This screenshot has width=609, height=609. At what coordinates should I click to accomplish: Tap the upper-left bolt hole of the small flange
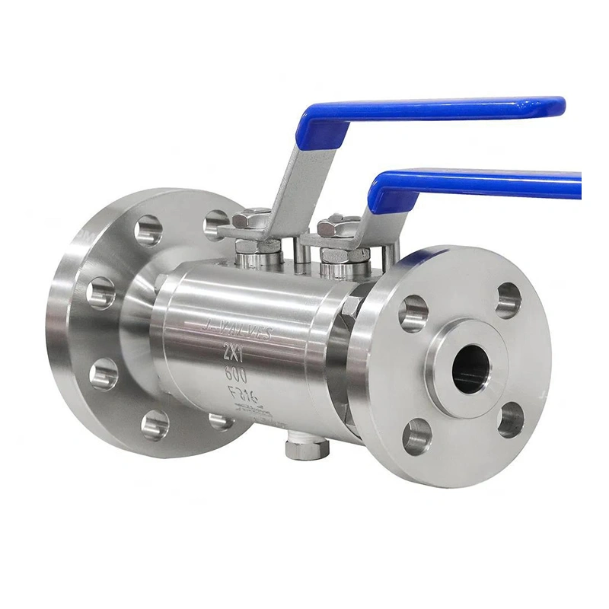pos(414,313)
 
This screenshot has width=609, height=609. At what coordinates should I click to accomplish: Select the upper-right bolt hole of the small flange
pos(509,300)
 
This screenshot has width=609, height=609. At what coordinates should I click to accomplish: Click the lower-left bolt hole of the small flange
pos(416,435)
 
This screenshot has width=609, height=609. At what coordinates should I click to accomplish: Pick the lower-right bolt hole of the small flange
pos(511,419)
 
